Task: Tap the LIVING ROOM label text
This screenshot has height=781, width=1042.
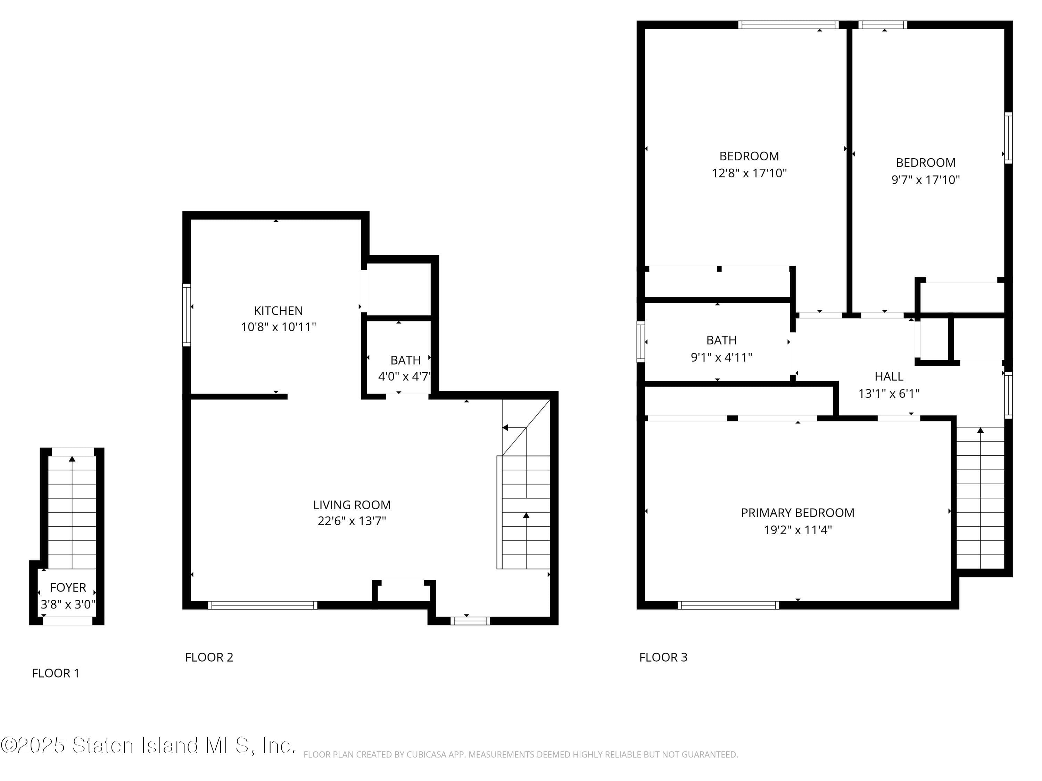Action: pyautogui.click(x=352, y=505)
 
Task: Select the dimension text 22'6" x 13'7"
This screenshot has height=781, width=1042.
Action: pyautogui.click(x=352, y=521)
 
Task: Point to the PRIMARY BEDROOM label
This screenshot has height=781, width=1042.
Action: pyautogui.click(x=797, y=513)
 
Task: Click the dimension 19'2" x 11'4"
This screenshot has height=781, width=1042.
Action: pyautogui.click(x=797, y=530)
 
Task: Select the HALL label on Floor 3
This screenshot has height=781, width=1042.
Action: pyautogui.click(x=888, y=377)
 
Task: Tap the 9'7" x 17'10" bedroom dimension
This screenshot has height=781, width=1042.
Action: pyautogui.click(x=925, y=180)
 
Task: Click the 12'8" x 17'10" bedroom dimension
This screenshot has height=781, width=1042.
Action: pyautogui.click(x=749, y=173)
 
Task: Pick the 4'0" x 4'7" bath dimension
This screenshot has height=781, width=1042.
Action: pyautogui.click(x=404, y=377)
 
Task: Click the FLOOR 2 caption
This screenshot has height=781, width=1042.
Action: pyautogui.click(x=209, y=657)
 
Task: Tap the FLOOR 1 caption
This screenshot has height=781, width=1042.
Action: pyautogui.click(x=55, y=673)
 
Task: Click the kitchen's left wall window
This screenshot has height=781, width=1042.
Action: pyautogui.click(x=187, y=315)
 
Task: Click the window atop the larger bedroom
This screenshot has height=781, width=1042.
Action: pyautogui.click(x=788, y=25)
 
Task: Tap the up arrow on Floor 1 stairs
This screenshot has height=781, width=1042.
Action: pyautogui.click(x=72, y=459)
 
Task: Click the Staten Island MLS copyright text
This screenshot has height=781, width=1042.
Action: pyautogui.click(x=148, y=746)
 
